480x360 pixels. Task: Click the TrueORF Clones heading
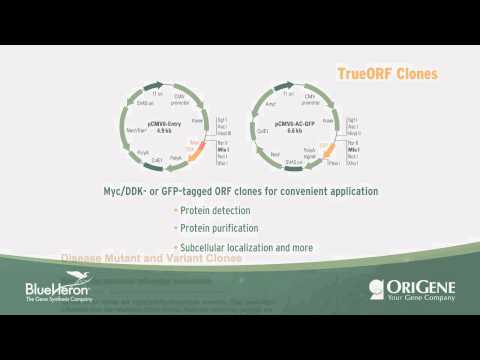387,72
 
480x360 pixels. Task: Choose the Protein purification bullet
217,228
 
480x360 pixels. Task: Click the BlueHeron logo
60,291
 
